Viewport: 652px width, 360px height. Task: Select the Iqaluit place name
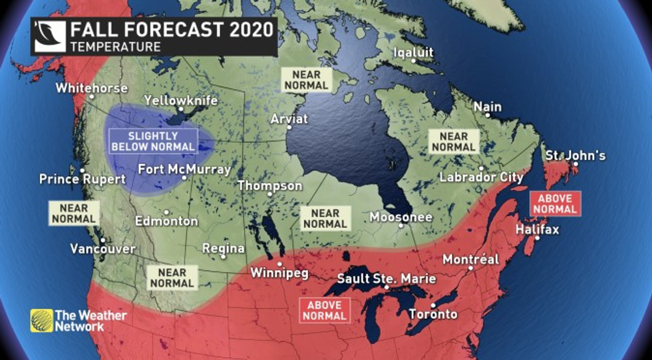(413, 52)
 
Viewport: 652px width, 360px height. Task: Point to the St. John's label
(575, 156)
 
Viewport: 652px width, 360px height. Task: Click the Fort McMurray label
(184, 169)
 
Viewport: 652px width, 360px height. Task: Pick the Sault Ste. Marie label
(387, 278)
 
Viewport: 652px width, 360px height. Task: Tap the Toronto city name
(433, 313)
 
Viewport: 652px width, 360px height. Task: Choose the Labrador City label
(481, 178)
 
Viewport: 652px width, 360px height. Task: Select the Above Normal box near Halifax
(555, 204)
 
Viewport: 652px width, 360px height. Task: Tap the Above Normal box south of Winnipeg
(325, 309)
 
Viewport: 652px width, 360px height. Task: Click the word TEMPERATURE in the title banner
(115, 47)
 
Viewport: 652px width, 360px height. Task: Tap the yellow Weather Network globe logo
(41, 320)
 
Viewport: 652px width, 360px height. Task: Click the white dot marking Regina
(224, 256)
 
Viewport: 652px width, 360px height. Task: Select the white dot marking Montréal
(470, 268)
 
